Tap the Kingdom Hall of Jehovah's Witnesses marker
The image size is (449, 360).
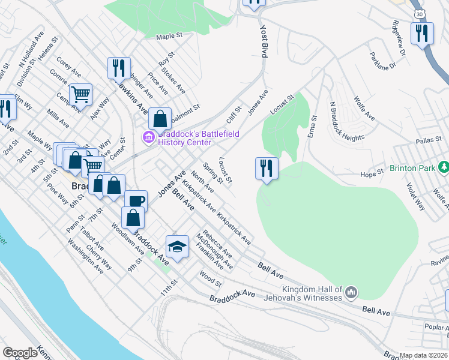click(351, 293)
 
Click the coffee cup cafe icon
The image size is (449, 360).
click(136, 202)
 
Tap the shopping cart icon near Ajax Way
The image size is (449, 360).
click(80, 94)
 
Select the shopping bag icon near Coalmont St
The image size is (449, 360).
click(160, 119)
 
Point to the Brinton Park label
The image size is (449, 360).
click(412, 168)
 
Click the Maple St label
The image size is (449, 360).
click(169, 37)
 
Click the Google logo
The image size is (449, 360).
click(20, 353)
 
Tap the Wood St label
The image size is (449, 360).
click(211, 278)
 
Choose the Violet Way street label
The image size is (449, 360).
click(415, 196)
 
